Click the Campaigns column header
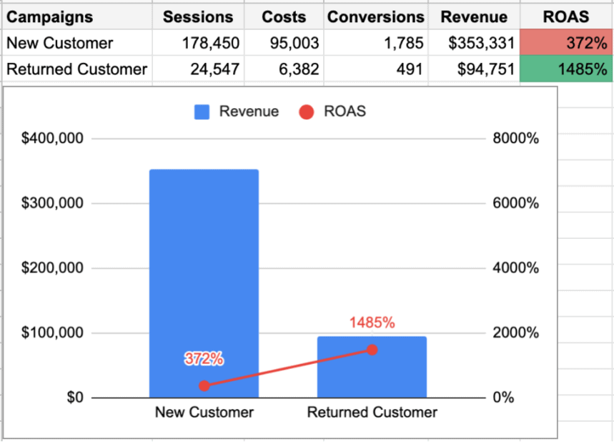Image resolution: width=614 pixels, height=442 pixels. point(50,16)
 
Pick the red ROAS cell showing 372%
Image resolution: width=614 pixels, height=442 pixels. point(566,43)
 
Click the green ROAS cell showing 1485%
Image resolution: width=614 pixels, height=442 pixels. point(566,69)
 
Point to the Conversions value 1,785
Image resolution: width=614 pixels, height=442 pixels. point(403,43)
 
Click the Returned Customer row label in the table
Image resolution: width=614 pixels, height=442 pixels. point(76,69)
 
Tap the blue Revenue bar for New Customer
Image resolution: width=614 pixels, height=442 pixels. point(204,272)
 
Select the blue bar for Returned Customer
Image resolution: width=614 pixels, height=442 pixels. point(372,372)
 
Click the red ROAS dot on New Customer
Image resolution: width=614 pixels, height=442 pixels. point(204,385)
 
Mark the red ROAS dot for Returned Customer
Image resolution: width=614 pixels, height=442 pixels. point(372,350)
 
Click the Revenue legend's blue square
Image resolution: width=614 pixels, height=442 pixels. point(202,112)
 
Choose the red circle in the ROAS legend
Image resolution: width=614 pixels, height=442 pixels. point(307,112)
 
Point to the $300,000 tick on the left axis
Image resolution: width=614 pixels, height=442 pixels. point(53,203)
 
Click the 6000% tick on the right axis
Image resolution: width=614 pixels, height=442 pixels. point(516,203)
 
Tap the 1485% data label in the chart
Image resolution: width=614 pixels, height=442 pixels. point(372,323)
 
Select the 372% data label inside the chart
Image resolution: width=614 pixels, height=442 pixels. point(204,359)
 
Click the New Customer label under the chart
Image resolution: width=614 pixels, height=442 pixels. point(204,413)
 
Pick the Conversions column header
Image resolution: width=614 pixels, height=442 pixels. point(375,16)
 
